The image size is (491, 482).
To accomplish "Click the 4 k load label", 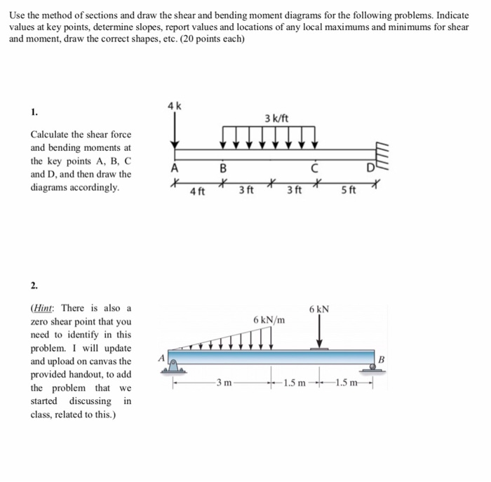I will pos(175,106).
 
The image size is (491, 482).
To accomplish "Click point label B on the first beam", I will pos(223,168).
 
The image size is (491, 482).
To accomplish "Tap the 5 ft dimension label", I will pos(348,189).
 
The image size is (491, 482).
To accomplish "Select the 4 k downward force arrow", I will pos(175,130).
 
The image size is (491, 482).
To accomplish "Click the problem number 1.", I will pos(34,112).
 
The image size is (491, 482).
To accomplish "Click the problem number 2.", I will pos(34,286).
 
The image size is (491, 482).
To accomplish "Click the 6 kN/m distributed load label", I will pos(269,320).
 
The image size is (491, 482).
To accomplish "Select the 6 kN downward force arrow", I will pos(319,332).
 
